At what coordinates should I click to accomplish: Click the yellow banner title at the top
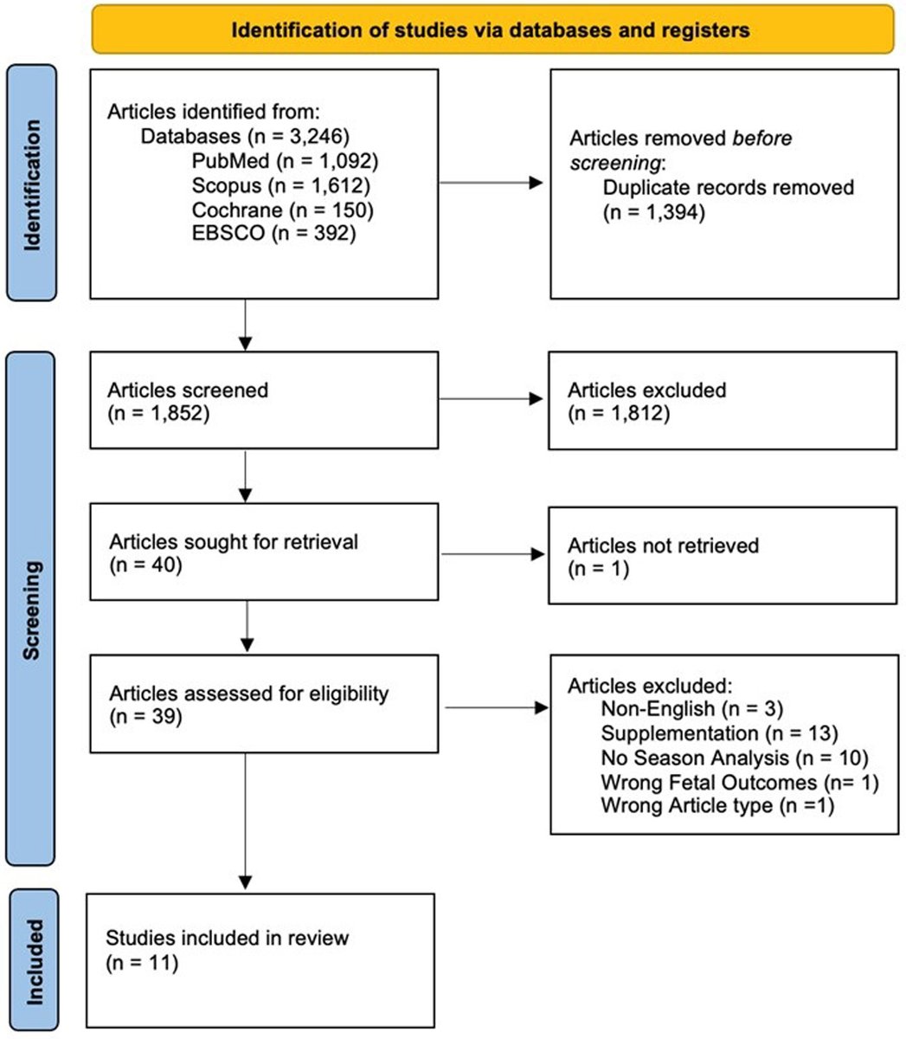[x=491, y=30]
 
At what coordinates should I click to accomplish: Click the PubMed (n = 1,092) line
[x=286, y=160]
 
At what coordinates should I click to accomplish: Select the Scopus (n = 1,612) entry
[x=286, y=184]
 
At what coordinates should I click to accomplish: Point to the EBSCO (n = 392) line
[x=274, y=233]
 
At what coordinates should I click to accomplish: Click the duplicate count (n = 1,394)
[x=654, y=211]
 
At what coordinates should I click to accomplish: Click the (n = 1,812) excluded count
[x=618, y=414]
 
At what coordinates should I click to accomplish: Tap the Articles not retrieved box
[x=722, y=556]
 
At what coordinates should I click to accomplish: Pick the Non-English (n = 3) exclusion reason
[x=691, y=709]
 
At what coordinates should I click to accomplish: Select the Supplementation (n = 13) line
[x=718, y=733]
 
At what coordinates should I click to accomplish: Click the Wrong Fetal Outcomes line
[x=739, y=782]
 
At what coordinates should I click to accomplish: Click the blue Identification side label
[x=32, y=184]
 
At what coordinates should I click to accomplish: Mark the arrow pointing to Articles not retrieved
[x=493, y=553]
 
